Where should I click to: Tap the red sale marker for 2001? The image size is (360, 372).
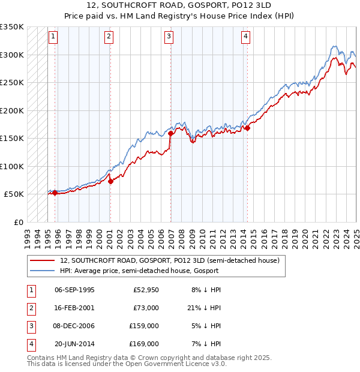[x=110, y=181]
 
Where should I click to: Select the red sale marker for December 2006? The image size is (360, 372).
[x=171, y=134]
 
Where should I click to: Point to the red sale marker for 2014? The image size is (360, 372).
[x=247, y=128]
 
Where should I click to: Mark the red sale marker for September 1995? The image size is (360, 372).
[x=55, y=193]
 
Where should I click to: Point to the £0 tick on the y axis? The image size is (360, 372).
[x=18, y=222]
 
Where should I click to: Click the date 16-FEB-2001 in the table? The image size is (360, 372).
[x=74, y=308]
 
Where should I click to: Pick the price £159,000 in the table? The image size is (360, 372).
[x=145, y=326]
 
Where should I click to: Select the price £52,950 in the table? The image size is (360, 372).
[x=145, y=290]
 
